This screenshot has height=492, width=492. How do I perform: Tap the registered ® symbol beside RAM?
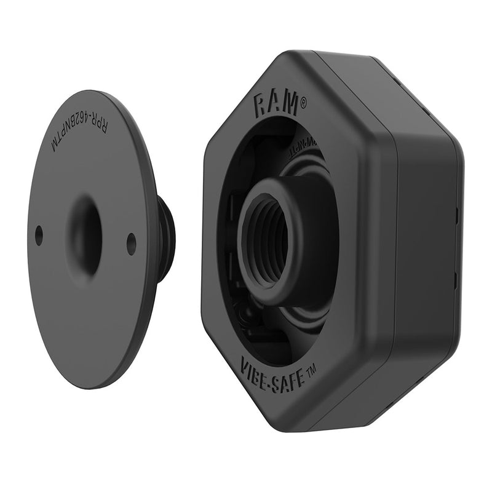pos(302,106)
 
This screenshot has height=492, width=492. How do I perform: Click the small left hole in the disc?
pos(39,234)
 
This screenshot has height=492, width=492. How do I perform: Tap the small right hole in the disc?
pos(131,243)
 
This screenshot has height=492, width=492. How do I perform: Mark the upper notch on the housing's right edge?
pos(457,215)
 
